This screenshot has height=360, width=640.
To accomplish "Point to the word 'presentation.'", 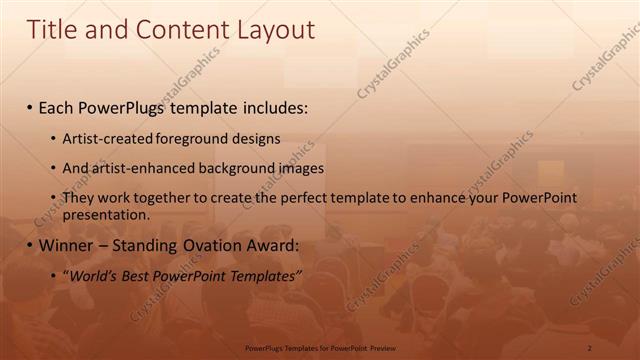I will click(x=106, y=214).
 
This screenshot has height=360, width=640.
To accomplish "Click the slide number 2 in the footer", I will click(x=590, y=347).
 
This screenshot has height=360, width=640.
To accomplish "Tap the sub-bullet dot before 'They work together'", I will click(x=53, y=199).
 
